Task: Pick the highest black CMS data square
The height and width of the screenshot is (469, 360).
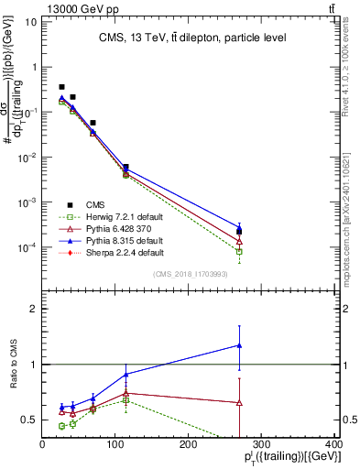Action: click(61, 87)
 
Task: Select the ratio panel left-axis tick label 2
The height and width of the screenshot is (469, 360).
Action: click(33, 310)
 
